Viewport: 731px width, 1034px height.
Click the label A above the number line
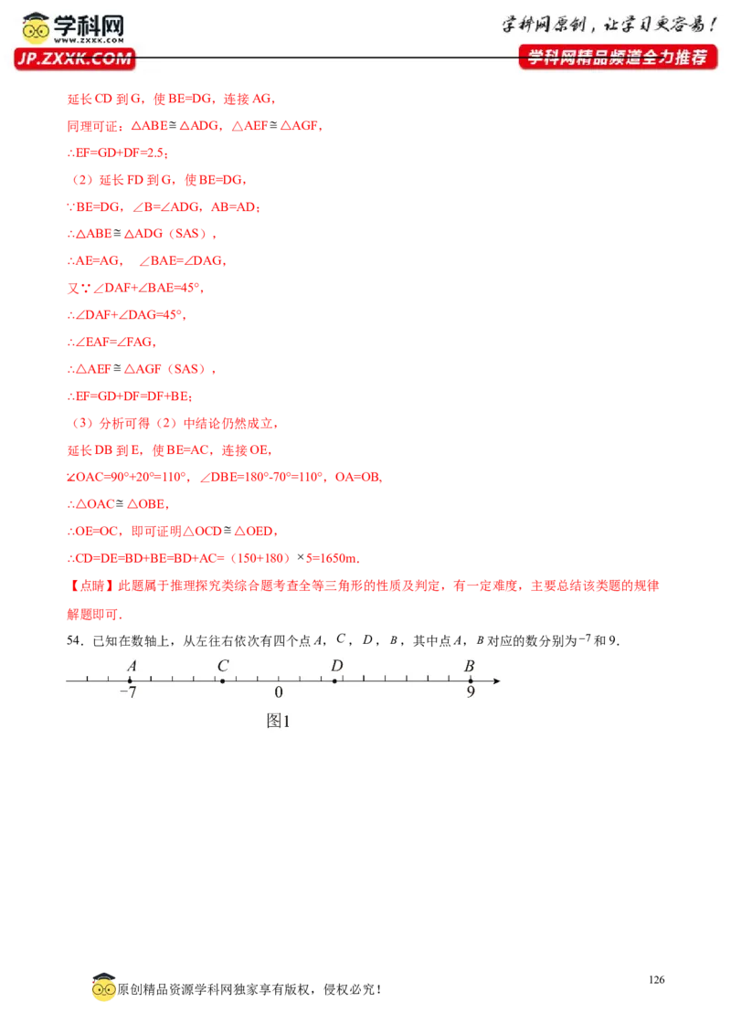point(132,666)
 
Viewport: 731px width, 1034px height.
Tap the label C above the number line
point(223,666)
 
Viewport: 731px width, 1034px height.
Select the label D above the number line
point(337,666)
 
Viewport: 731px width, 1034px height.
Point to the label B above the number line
point(469,666)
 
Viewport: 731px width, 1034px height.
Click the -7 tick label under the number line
point(128,691)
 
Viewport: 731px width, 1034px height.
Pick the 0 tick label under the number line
point(279,691)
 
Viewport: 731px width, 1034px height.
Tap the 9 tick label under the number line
point(471,691)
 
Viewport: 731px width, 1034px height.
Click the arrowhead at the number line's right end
point(497,681)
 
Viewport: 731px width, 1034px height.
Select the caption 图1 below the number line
point(278,721)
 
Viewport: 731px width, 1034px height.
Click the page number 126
point(656,980)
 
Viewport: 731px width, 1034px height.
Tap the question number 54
point(75,640)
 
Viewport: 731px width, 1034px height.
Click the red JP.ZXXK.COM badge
point(75,58)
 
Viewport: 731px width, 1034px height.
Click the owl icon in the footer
point(103,987)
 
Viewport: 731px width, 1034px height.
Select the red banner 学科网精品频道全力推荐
point(618,58)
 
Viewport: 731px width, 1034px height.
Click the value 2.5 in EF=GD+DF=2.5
point(155,153)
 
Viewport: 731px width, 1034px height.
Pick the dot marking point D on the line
point(334,681)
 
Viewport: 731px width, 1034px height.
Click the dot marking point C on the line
point(222,681)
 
